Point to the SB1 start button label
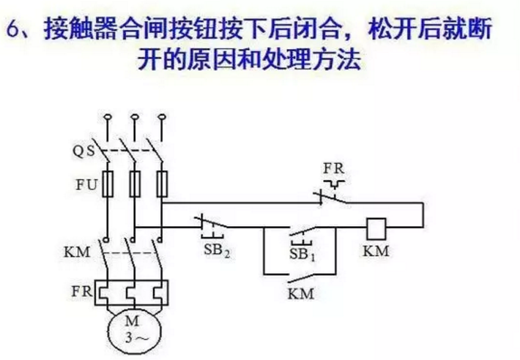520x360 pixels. coord(300,253)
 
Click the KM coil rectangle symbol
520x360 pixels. coord(376,228)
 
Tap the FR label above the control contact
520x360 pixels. coord(333,167)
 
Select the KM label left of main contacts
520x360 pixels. coord(78,252)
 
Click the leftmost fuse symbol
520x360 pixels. coord(108,184)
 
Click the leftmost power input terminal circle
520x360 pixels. coord(107,116)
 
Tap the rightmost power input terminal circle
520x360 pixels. coord(160,116)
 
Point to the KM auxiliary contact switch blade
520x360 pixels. coord(300,278)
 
